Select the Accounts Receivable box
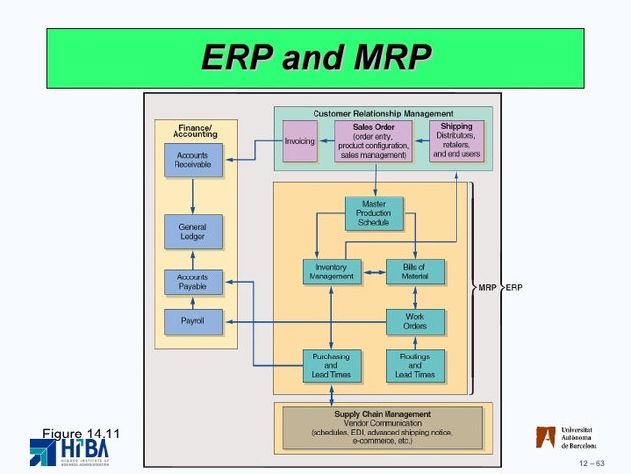[x=193, y=161]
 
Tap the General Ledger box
[x=193, y=230]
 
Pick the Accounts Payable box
[x=193, y=282]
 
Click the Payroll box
[x=193, y=321]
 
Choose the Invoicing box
[x=299, y=141]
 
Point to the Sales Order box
[x=374, y=141]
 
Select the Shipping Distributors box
[x=456, y=141]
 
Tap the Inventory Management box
[x=331, y=272]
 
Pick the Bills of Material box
[x=415, y=272]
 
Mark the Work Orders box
[x=415, y=322]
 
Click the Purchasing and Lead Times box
[x=331, y=365]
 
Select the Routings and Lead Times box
[x=415, y=365]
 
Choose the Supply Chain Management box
[x=383, y=427]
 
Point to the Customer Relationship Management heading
[x=383, y=114]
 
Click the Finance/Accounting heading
[x=195, y=131]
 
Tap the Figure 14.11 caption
[x=81, y=433]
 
